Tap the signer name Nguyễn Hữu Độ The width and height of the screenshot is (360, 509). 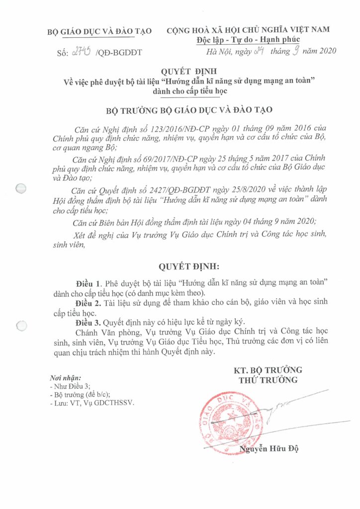tap(269, 449)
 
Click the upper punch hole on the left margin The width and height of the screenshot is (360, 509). tap(21, 189)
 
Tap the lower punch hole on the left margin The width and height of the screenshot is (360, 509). tap(21, 326)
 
